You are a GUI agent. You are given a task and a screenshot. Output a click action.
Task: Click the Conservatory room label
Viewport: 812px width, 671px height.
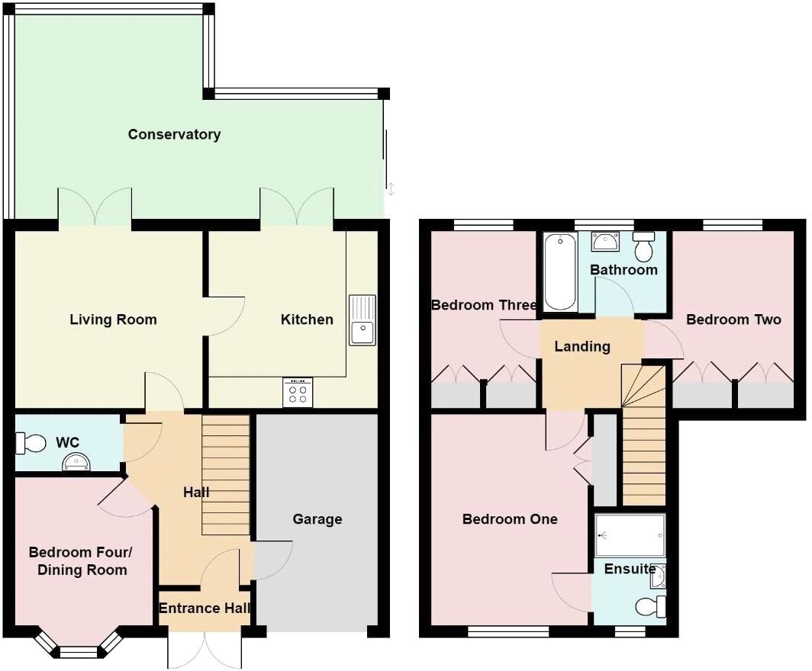[x=174, y=135]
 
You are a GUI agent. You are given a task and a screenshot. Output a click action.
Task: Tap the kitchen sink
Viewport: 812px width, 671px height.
[x=362, y=319]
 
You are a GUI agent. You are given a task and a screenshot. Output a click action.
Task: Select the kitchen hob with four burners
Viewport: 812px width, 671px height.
[x=298, y=393]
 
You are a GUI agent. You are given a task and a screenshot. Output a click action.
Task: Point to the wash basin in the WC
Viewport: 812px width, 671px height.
[x=76, y=460]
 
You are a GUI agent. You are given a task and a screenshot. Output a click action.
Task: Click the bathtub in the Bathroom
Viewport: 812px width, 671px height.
[x=559, y=272]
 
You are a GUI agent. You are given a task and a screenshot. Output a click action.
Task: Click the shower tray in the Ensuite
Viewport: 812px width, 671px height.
[x=630, y=535]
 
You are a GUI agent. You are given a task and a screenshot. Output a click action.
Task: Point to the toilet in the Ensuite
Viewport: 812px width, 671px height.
[x=649, y=607]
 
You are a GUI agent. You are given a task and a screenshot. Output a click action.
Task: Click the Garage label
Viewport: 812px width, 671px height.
[x=317, y=519]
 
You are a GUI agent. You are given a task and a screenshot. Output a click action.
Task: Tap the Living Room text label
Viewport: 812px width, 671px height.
[x=113, y=319]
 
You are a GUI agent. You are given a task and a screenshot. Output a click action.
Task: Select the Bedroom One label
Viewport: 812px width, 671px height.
[x=510, y=519]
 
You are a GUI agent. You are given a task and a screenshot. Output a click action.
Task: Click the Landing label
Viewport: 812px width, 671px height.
[x=582, y=346]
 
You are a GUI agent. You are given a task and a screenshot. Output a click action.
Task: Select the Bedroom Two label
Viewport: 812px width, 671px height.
[x=733, y=319]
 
